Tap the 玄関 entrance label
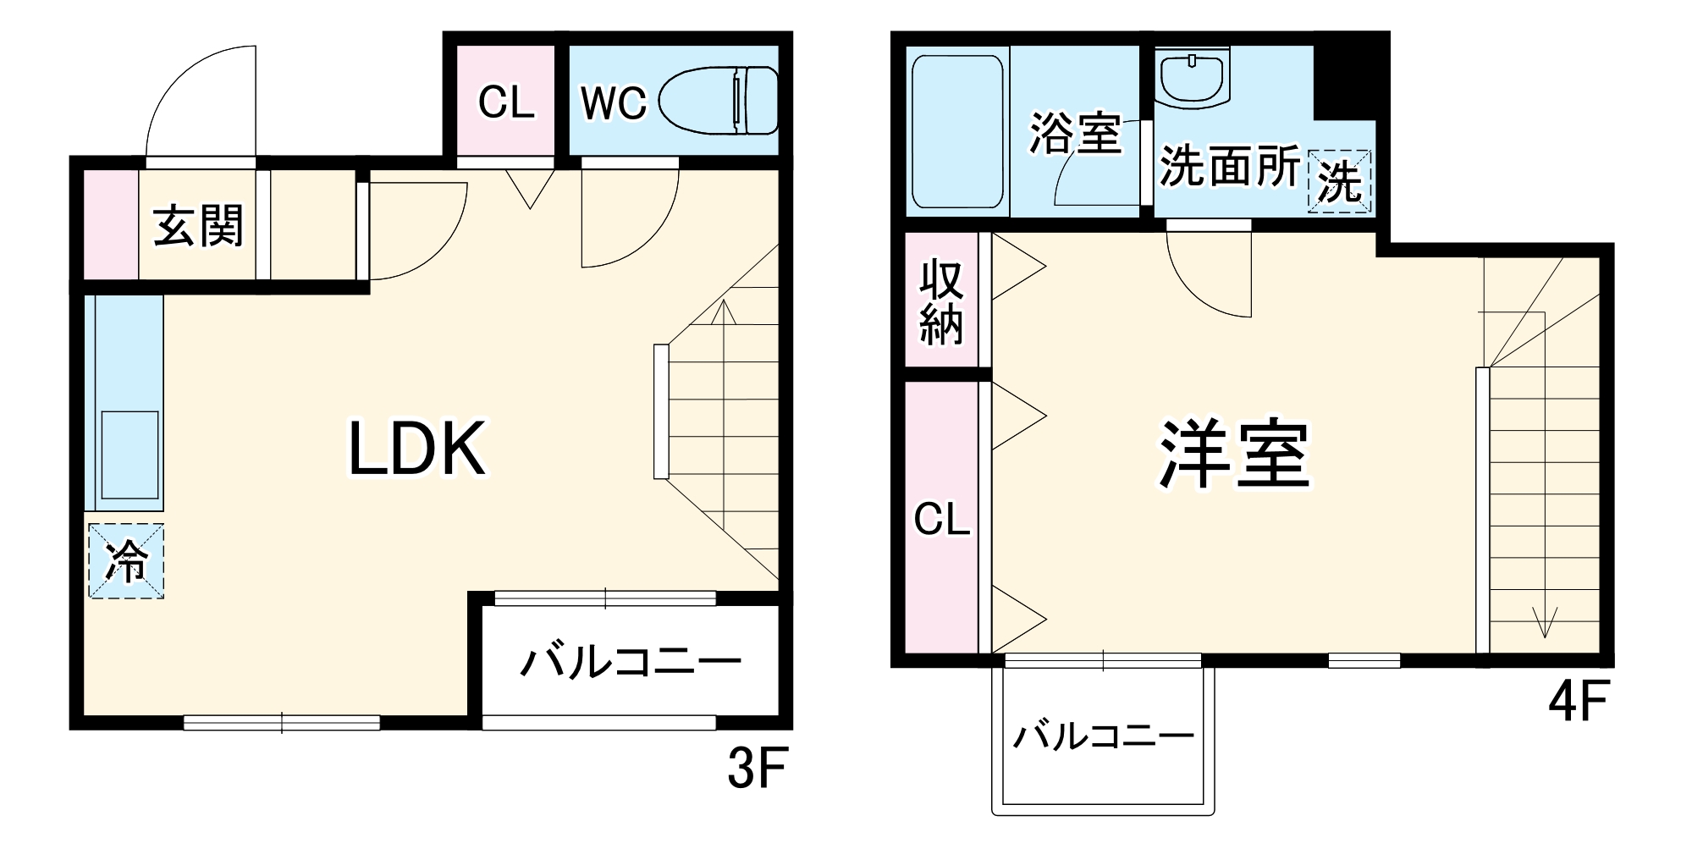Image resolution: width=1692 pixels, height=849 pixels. (198, 226)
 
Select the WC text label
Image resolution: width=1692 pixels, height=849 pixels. (613, 103)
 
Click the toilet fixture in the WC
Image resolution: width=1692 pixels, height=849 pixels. (718, 101)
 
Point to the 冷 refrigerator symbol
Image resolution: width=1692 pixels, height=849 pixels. (125, 561)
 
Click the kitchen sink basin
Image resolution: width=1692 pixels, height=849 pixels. (130, 455)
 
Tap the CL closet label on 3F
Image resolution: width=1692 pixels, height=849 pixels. (506, 103)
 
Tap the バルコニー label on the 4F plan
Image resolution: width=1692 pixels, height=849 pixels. (1103, 736)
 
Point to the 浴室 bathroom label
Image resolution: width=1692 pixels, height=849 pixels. (1074, 133)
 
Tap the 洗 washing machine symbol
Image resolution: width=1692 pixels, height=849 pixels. (1339, 181)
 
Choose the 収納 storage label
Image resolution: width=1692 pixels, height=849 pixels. (941, 300)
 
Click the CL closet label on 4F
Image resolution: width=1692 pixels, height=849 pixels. (941, 519)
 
